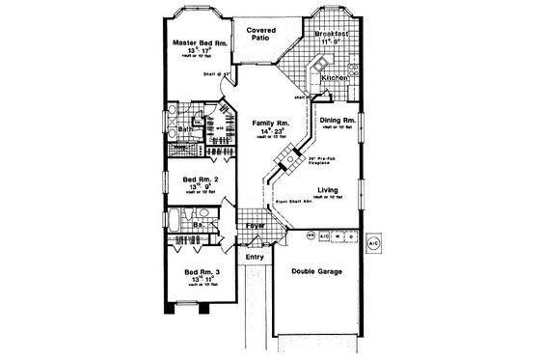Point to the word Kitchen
[334, 75]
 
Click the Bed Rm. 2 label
[191, 180]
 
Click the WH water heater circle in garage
[310, 235]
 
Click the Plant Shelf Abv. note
[298, 205]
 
